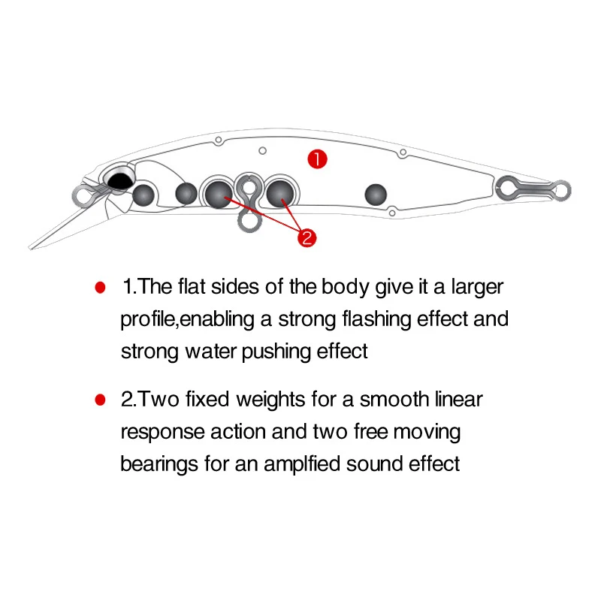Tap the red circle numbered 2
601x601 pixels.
(x=307, y=237)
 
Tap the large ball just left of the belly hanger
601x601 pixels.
(x=219, y=194)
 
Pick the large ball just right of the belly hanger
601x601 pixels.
(x=280, y=193)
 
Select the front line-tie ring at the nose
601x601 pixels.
(x=81, y=196)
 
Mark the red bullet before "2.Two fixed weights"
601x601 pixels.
(x=98, y=399)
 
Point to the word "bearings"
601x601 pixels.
(x=159, y=464)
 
